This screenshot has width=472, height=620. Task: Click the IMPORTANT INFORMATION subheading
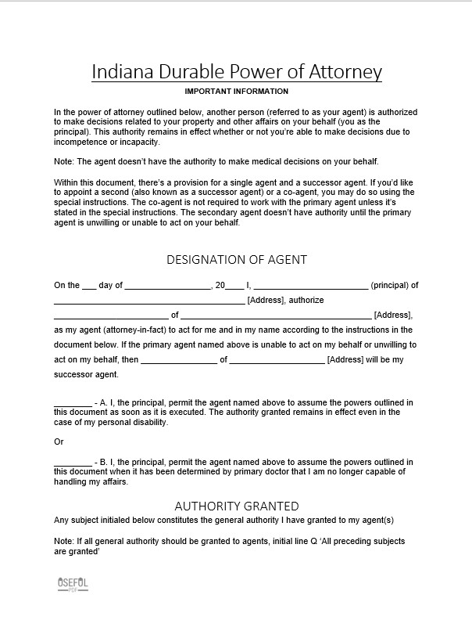tap(236, 92)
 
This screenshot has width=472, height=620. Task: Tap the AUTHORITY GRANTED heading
tap(236, 506)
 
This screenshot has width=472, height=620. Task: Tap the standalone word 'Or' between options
tap(59, 442)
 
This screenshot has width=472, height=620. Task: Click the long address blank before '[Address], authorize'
tap(148, 301)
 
